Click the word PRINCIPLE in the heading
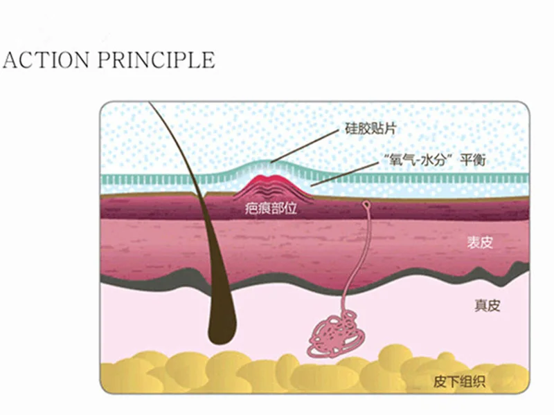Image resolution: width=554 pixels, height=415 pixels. pos(156,59)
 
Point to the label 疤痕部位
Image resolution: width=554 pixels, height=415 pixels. pos(271,208)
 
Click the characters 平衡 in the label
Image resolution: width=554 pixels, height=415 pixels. pos(475,159)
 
